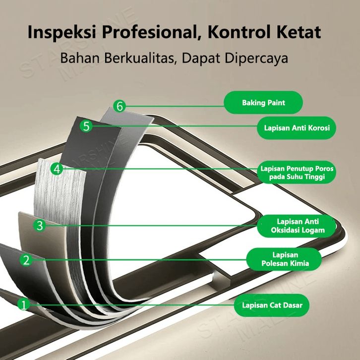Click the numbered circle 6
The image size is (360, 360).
click(x=119, y=106)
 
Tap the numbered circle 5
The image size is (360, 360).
click(x=87, y=126)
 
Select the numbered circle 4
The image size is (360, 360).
click(x=57, y=169)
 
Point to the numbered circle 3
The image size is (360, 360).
click(x=41, y=226)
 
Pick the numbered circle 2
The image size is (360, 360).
click(x=27, y=259)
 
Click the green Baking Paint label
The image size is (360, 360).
click(x=263, y=103)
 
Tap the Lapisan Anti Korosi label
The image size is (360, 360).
click(x=297, y=128)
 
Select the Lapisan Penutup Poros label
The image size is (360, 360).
click(x=297, y=173)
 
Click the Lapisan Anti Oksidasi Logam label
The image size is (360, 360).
click(x=298, y=225)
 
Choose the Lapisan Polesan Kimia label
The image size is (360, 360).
click(x=285, y=259)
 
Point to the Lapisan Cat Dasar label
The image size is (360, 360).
click(x=272, y=305)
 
